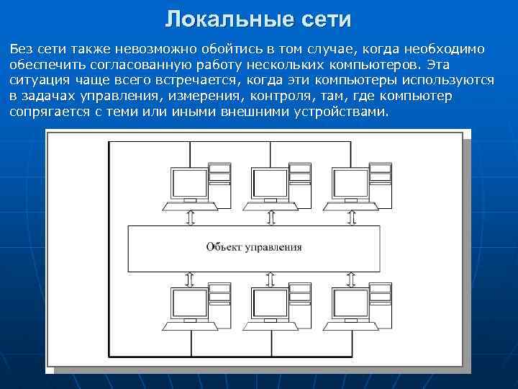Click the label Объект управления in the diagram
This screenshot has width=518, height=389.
(254, 247)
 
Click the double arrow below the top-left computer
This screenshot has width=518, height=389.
(190, 218)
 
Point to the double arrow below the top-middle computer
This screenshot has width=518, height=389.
(271, 218)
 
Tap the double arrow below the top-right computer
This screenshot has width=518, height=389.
(350, 218)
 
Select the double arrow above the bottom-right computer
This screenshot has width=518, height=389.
(350, 277)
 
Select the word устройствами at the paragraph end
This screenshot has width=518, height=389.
(344, 112)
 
